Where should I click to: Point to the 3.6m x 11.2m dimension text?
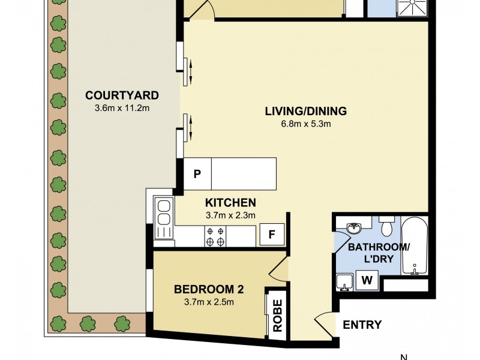coord(122,108)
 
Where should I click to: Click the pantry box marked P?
coord(197,174)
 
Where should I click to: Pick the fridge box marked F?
coord(271,235)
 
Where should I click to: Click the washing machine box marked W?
coord(366,280)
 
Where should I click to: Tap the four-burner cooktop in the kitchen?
coord(215,236)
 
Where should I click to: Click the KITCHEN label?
coord(231,202)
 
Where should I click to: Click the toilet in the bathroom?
coord(387,225)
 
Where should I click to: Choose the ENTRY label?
coord(362,325)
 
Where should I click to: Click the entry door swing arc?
coord(324,324)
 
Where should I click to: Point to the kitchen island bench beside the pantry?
coord(244,174)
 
